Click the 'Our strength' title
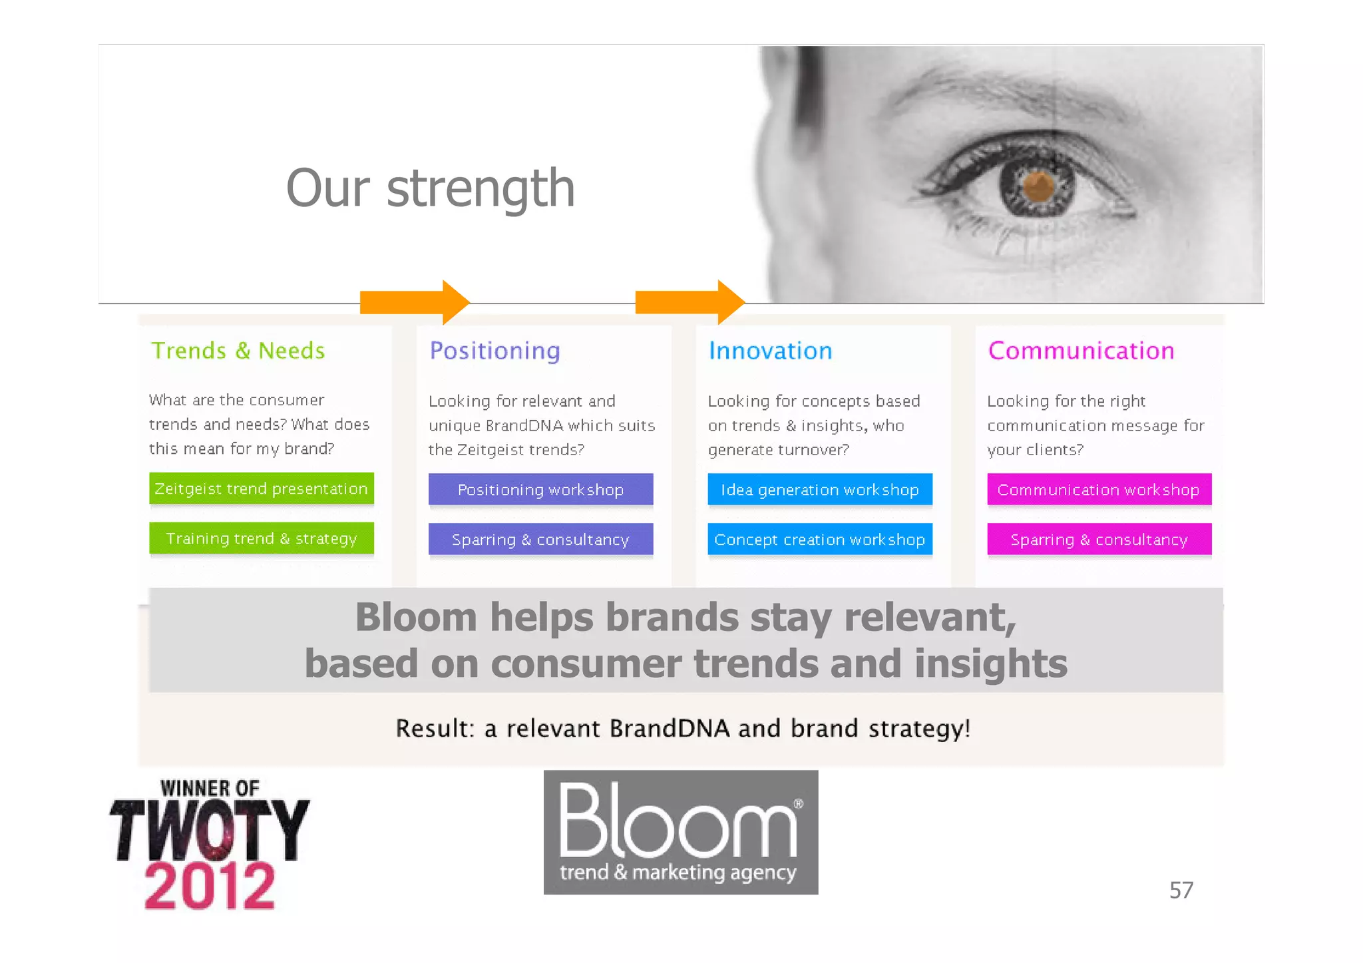tap(430, 188)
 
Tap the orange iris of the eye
tap(1038, 186)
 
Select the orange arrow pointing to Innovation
tap(689, 302)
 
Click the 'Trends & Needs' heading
tap(238, 351)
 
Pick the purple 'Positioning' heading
tap(494, 351)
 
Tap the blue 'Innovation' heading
tap(770, 351)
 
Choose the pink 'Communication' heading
tap(1081, 351)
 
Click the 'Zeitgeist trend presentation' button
tap(262, 488)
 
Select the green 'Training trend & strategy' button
tap(262, 538)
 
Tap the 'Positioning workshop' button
tap(540, 490)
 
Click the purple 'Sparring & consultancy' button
tap(540, 540)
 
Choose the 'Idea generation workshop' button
tap(820, 490)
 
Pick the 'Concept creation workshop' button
tap(820, 540)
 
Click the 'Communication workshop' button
tap(1099, 490)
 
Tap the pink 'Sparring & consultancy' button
tap(1099, 540)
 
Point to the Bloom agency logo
tap(680, 832)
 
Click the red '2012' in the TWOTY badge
tap(210, 886)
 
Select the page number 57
tap(1181, 890)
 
